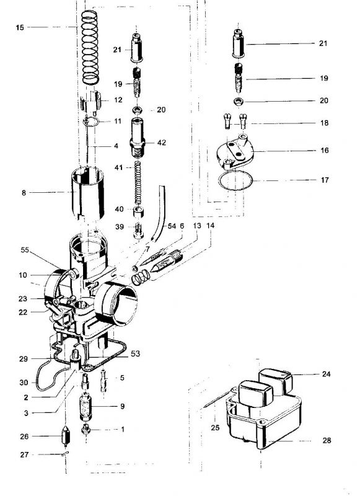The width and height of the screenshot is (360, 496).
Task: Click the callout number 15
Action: (20, 27)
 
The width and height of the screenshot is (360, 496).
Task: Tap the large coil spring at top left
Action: (90, 48)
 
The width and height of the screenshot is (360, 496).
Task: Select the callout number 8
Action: (24, 192)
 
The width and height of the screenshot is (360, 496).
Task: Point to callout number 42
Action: (162, 143)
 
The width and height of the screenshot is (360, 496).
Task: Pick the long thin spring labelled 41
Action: (138, 183)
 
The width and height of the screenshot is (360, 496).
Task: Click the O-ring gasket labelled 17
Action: (235, 180)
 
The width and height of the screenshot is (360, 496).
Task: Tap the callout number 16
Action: (325, 150)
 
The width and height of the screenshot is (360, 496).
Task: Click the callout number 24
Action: (326, 374)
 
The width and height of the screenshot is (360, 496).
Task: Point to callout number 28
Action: (327, 440)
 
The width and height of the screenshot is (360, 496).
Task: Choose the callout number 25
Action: (215, 428)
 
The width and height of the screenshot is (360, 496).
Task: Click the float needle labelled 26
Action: (66, 436)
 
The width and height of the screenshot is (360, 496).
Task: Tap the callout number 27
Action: (24, 454)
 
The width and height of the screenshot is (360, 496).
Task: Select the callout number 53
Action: (135, 353)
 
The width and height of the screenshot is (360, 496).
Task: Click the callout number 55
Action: (25, 250)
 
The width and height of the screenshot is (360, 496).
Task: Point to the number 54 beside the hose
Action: (172, 226)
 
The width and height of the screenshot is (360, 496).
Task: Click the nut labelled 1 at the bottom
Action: (86, 430)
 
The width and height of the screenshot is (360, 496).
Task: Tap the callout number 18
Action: (324, 123)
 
